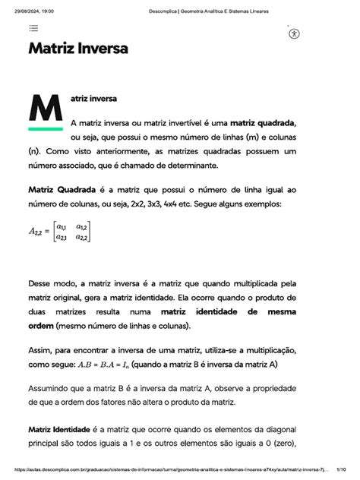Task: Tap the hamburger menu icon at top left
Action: [x=34, y=28]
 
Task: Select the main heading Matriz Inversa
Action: [x=78, y=49]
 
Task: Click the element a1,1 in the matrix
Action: [x=61, y=227]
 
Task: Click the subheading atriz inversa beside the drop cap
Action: [x=92, y=99]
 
